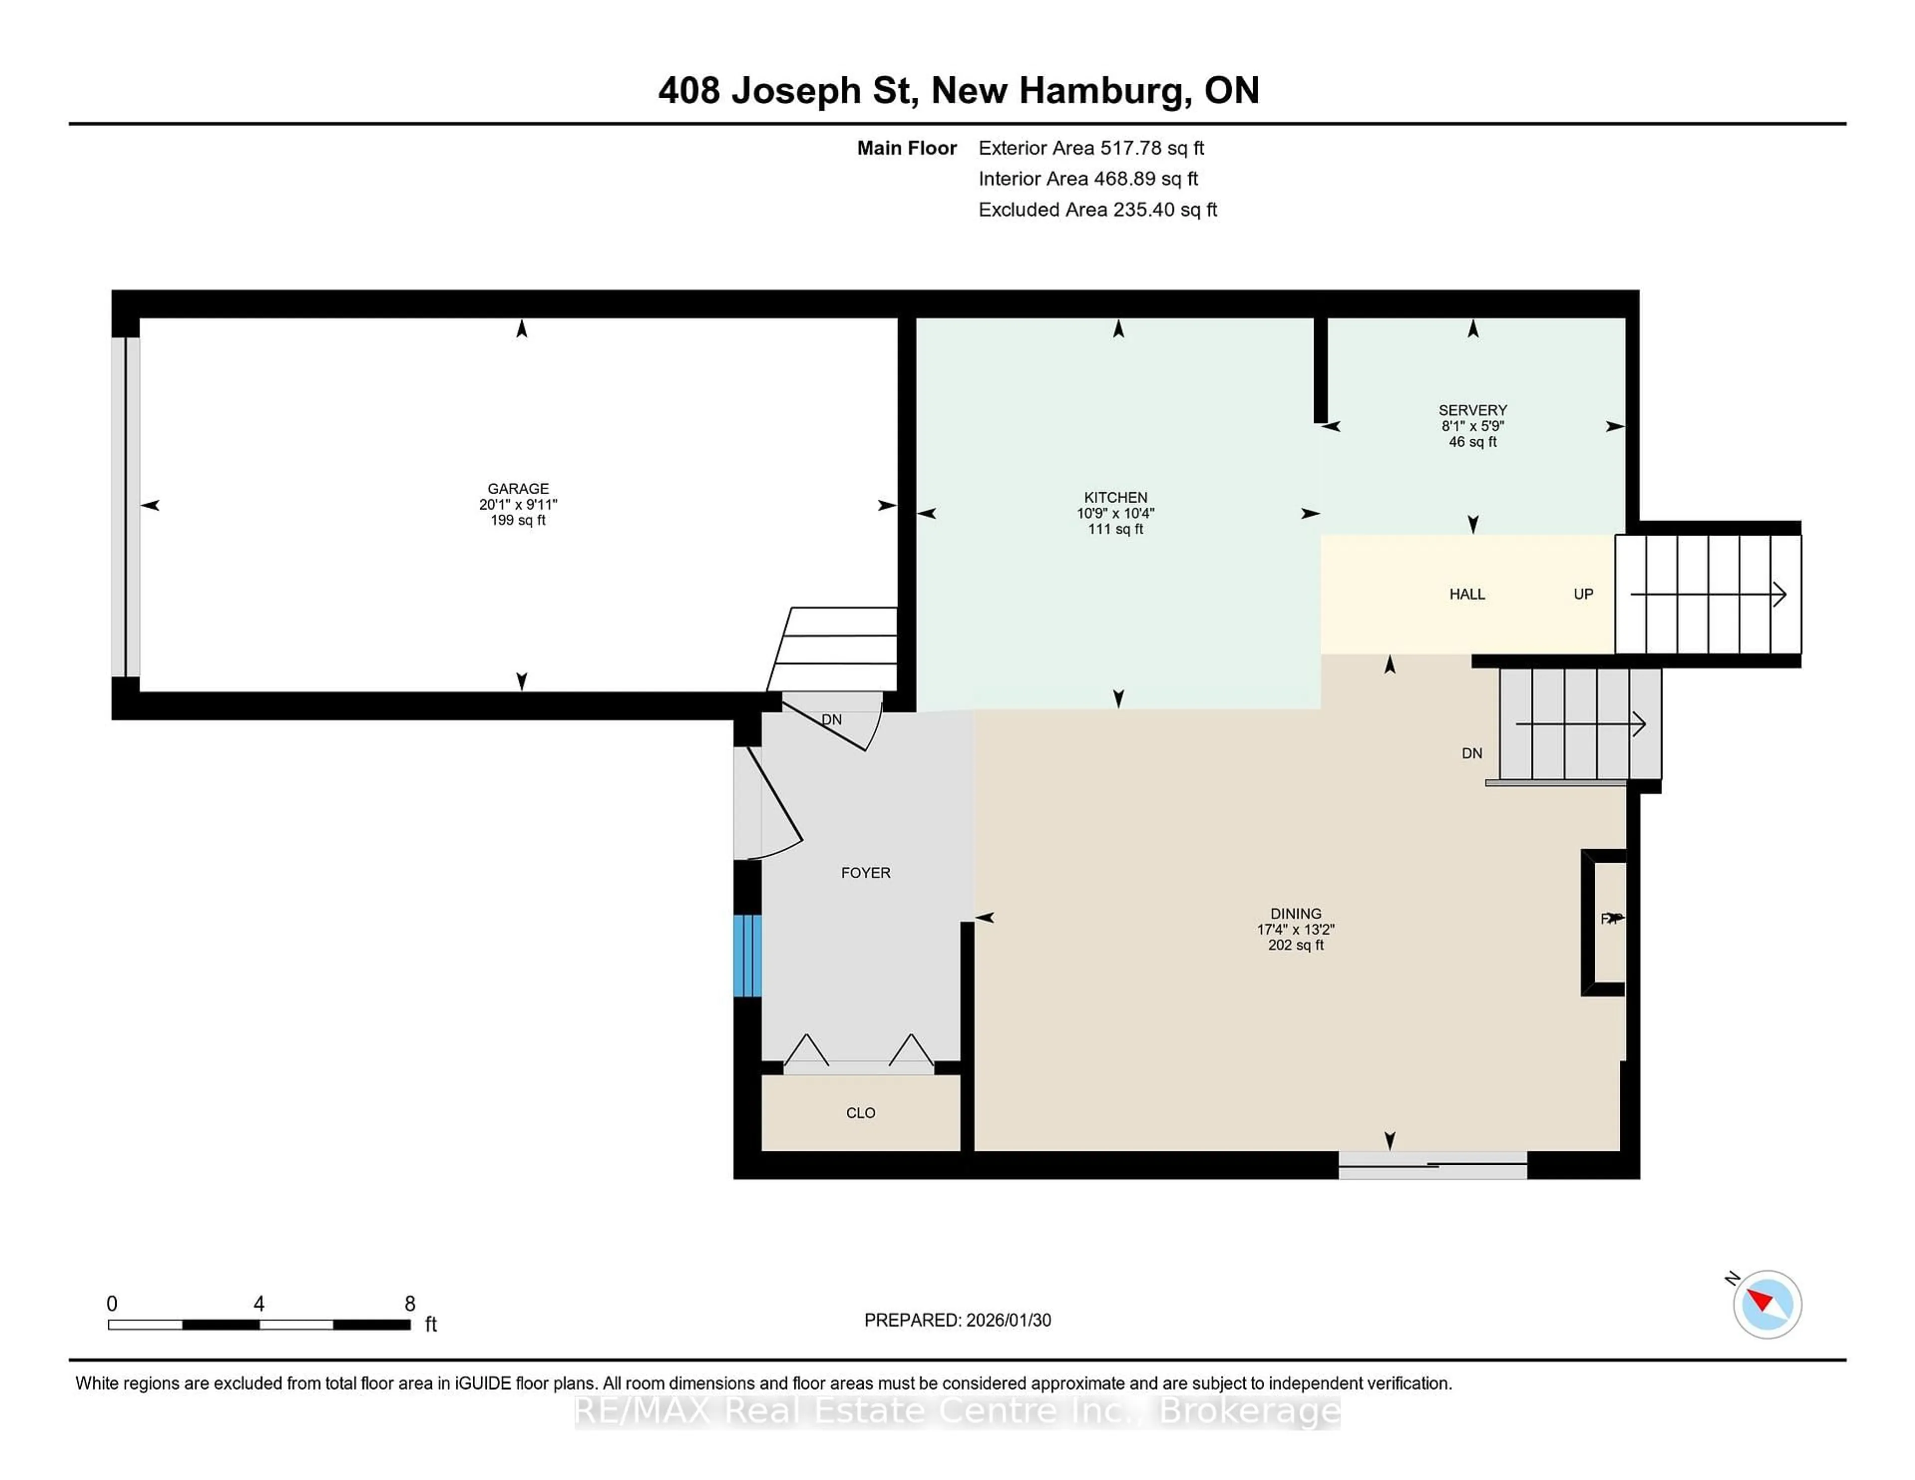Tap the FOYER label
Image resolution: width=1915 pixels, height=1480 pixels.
pyautogui.click(x=865, y=873)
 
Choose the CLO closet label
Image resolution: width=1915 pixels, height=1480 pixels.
pyautogui.click(x=860, y=1112)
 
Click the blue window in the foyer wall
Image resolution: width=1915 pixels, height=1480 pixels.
pyautogui.click(x=747, y=956)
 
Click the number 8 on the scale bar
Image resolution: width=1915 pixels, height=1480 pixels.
pyautogui.click(x=409, y=1304)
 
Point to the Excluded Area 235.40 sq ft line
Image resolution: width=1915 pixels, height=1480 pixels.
pyautogui.click(x=1097, y=209)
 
